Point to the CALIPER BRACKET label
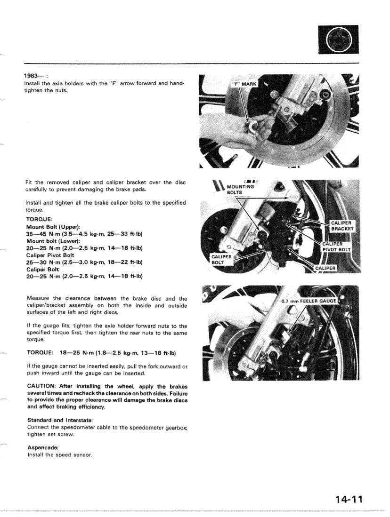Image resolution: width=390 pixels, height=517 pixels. pyautogui.click(x=345, y=226)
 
